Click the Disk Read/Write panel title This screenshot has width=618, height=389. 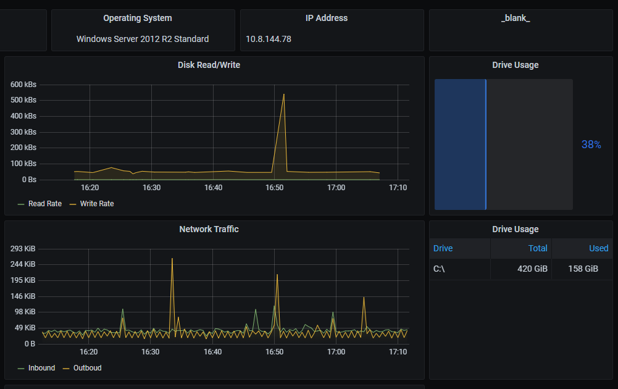[x=209, y=65]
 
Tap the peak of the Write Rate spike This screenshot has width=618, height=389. [x=283, y=94]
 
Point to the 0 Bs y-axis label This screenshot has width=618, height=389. [x=28, y=180]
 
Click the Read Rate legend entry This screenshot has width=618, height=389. [x=40, y=204]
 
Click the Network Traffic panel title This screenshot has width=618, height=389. [x=209, y=229]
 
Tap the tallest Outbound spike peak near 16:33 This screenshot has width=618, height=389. [x=172, y=259]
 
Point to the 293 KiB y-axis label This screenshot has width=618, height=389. [x=23, y=249]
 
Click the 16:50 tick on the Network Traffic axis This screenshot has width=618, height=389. [x=274, y=352]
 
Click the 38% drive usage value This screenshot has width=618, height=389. [x=591, y=144]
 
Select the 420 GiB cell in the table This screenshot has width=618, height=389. [x=532, y=269]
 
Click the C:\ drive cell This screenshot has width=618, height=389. [x=440, y=269]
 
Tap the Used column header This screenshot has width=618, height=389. [x=598, y=248]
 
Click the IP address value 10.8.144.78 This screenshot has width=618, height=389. [x=269, y=39]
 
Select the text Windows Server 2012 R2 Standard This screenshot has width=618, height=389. [x=143, y=39]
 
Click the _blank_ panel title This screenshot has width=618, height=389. [x=516, y=19]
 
